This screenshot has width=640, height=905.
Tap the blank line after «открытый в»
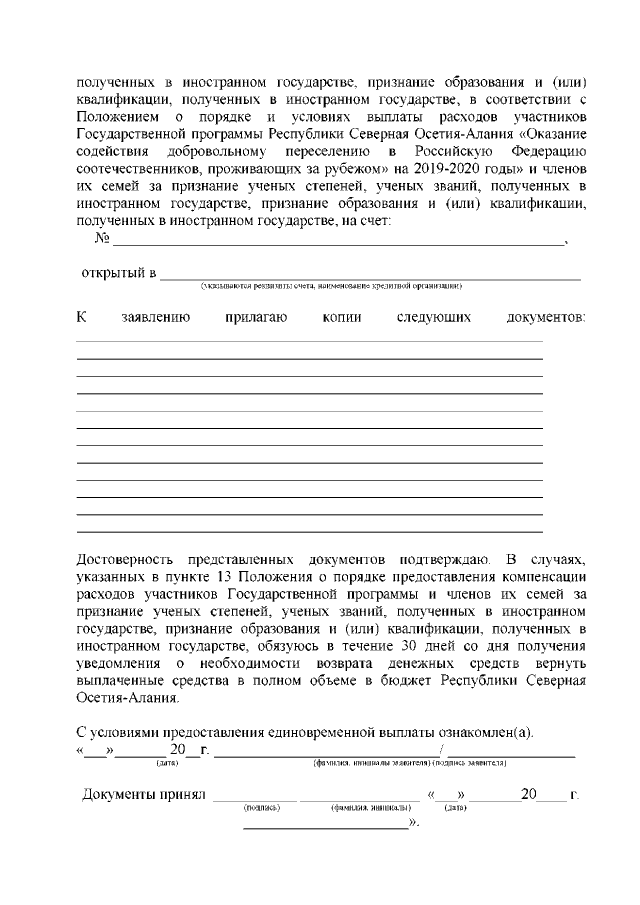[370, 274]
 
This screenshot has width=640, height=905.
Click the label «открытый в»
[118, 273]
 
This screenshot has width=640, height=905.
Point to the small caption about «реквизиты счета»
[330, 286]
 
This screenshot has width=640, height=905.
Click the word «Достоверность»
[127, 556]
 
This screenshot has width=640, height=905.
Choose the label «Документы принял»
[142, 796]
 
